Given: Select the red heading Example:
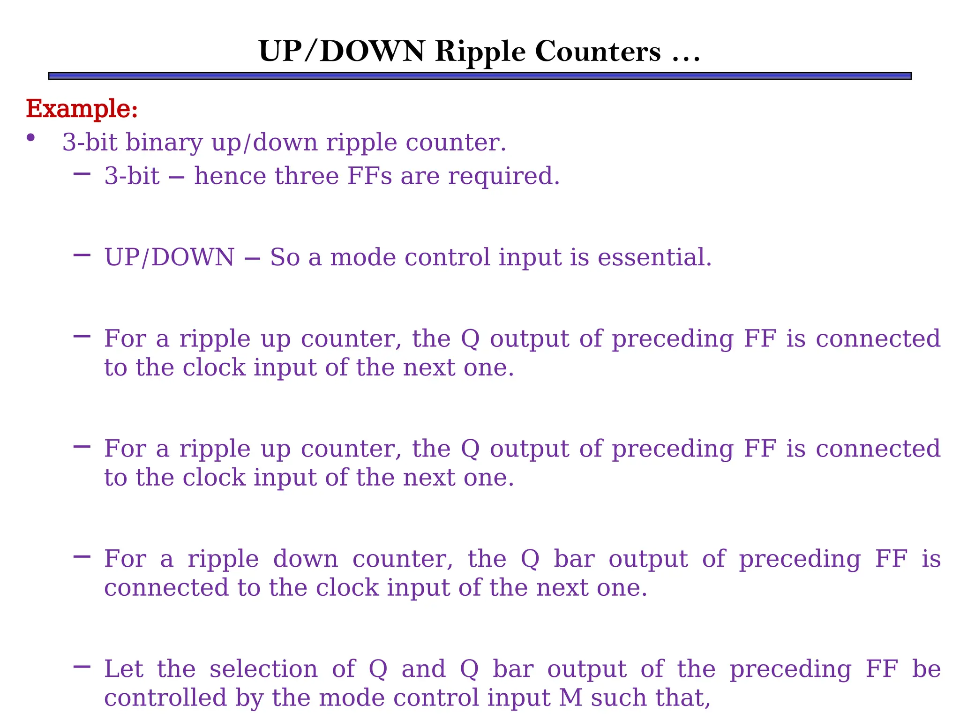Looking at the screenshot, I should click(x=82, y=109).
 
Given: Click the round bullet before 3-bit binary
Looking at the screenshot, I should click(x=31, y=137).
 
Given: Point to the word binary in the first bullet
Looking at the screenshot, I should click(x=164, y=142).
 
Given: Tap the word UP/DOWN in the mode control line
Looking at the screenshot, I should click(x=169, y=258).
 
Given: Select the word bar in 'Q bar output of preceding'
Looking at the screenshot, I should click(x=574, y=559).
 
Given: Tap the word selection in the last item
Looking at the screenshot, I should click(x=263, y=669).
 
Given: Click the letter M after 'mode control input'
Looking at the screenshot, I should click(x=570, y=698).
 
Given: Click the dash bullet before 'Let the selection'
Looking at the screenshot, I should click(x=82, y=666).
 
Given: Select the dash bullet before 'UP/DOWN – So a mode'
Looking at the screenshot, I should click(x=82, y=255).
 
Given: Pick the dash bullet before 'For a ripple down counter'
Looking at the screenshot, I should click(x=82, y=556).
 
